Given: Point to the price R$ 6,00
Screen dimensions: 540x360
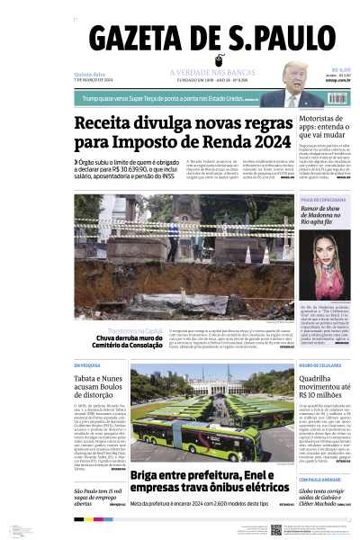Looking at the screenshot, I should tap(340, 70).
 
